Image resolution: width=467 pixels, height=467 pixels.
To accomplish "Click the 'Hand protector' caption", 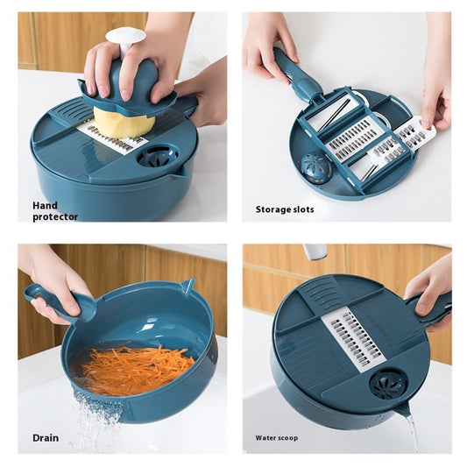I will (55, 210).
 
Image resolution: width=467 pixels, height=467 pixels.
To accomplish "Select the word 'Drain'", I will (46, 437).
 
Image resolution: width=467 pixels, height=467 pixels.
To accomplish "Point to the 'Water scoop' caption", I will (278, 437).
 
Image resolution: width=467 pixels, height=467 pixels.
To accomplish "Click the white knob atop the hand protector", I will (125, 38).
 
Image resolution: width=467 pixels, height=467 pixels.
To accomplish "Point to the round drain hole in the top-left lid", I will (159, 155).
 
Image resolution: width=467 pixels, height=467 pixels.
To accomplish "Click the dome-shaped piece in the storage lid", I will (315, 166).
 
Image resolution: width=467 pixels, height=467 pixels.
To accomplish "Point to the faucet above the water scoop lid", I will (315, 251).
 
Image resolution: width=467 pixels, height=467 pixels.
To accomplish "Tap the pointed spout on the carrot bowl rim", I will (188, 287).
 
